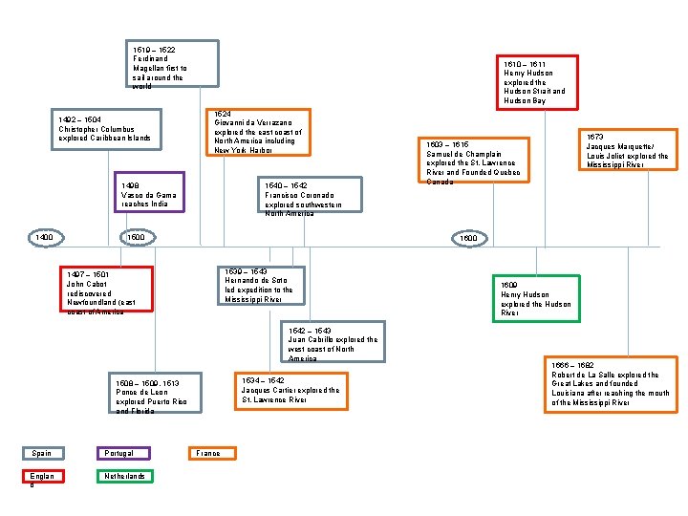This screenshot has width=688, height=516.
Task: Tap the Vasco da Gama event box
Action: (x=148, y=192)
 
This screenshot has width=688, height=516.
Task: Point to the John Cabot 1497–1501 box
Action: (x=105, y=290)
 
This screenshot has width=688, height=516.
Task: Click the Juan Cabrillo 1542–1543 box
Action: (x=332, y=343)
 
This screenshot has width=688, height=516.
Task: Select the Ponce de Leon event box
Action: (x=154, y=393)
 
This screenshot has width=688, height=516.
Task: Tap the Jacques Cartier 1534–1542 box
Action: (x=290, y=390)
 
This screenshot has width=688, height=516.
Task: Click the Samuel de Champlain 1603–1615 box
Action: (x=469, y=161)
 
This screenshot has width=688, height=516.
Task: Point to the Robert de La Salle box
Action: (x=610, y=384)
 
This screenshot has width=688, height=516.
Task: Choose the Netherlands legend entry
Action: (x=124, y=476)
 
